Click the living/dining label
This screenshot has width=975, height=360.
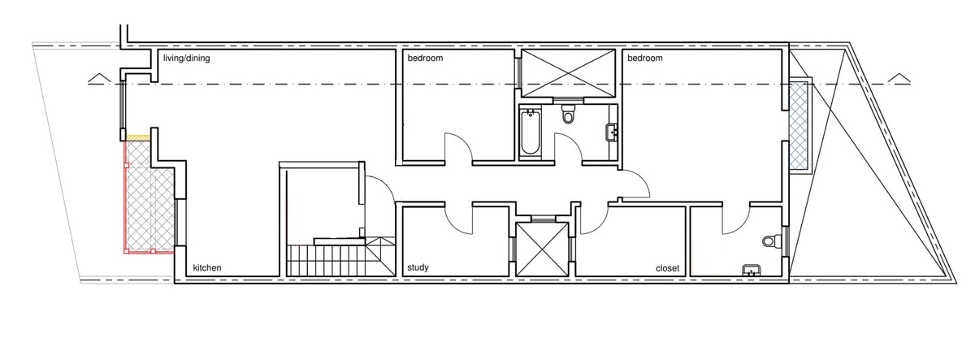186,59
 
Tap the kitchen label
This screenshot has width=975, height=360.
207,267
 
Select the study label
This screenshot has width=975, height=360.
418,267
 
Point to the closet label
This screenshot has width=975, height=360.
667,269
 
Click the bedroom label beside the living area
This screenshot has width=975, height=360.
425,58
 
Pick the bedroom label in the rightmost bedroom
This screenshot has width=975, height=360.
645,58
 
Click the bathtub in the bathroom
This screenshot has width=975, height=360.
530,132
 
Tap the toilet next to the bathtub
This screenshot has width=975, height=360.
568,114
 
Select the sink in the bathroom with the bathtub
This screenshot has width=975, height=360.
612,132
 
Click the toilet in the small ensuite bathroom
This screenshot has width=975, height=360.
772,241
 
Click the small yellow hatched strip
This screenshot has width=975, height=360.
138,137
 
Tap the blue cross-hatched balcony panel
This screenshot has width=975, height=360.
798,125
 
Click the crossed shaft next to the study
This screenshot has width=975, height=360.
542,249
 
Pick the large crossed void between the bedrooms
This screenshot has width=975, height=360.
568,73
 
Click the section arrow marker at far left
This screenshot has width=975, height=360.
100,78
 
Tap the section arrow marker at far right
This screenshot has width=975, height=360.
899,78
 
